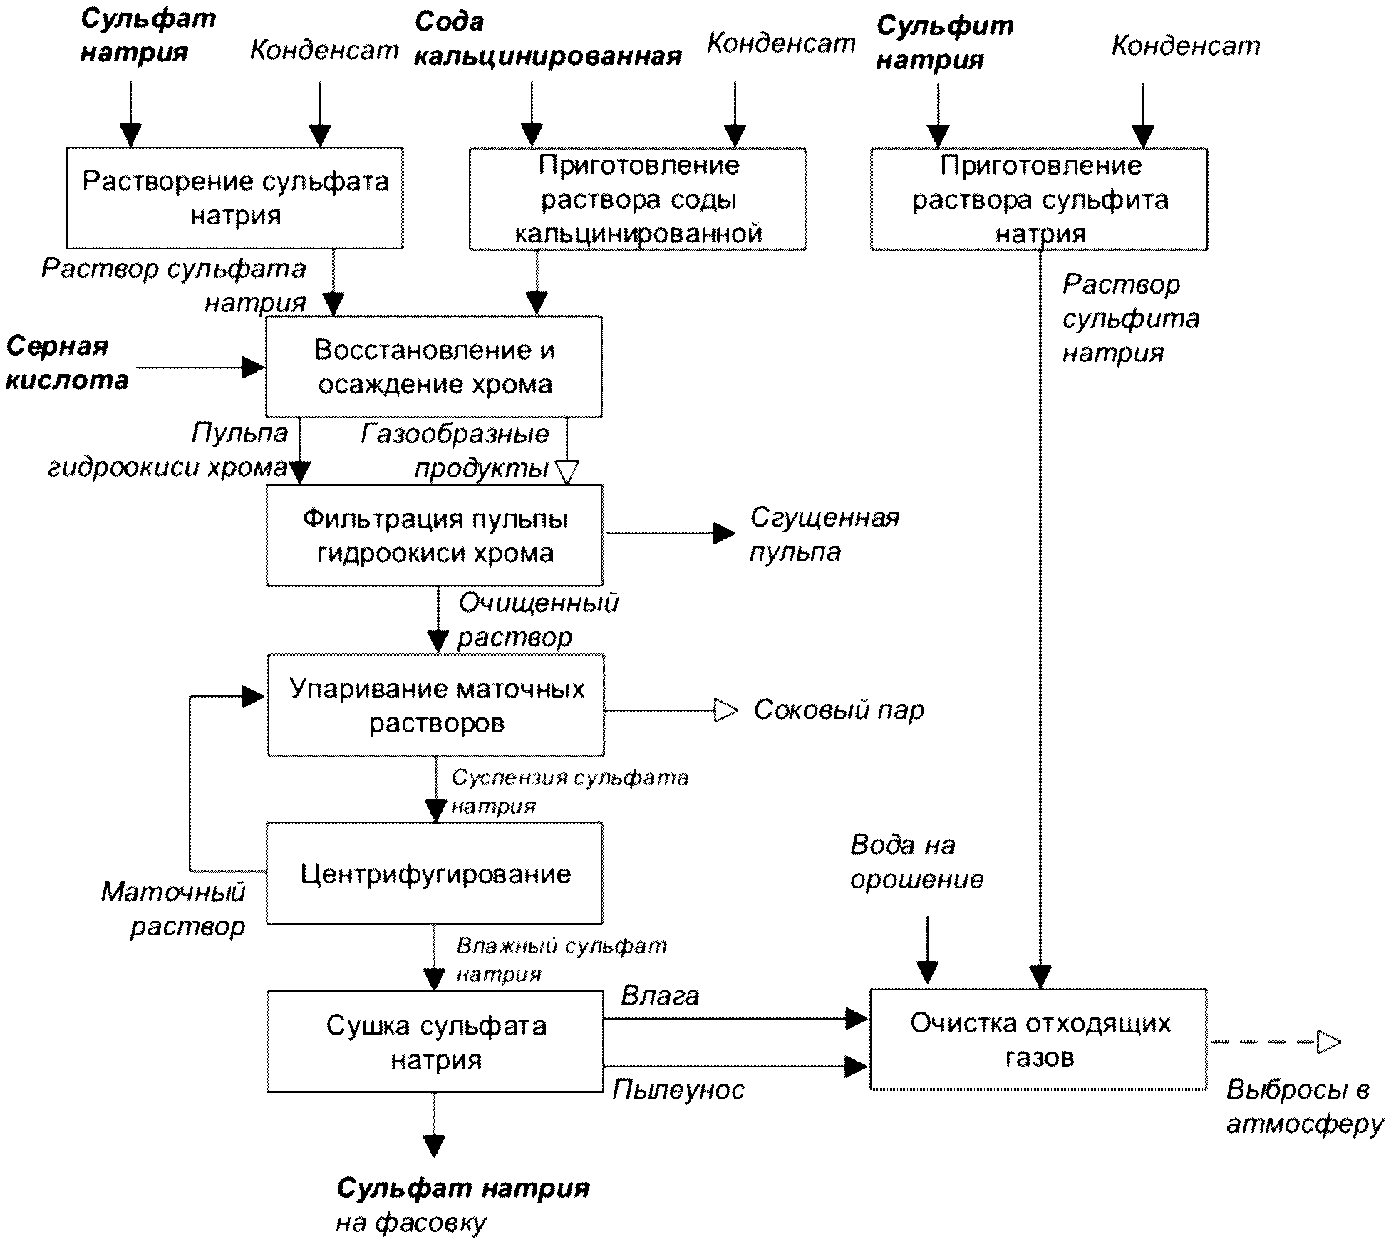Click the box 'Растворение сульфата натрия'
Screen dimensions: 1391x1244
coord(234,198)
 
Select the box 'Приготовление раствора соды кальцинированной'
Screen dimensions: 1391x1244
coord(638,199)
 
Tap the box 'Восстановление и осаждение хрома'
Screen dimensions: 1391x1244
coord(434,367)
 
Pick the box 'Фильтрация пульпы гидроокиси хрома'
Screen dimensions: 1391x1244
coord(435,536)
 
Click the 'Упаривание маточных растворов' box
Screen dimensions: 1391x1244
coord(436,705)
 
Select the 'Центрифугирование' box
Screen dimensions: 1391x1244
coord(435,874)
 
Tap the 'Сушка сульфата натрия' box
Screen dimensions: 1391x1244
coord(435,1042)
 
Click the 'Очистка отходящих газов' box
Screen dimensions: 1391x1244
coord(1039,1040)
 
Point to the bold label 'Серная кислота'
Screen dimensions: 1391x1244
coord(67,363)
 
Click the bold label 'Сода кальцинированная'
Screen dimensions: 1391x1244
coord(548,38)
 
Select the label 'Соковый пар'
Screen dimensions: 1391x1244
coord(839,710)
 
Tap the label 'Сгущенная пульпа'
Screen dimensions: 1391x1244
coord(824,534)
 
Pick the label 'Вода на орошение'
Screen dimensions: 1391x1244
coord(916,862)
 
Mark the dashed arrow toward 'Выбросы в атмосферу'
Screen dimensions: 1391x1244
coord(1276,1042)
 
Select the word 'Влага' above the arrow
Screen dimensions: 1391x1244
coord(660,995)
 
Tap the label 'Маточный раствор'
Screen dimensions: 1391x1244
coord(173,909)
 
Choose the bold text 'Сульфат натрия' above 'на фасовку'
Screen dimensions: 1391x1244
coord(463,1187)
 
